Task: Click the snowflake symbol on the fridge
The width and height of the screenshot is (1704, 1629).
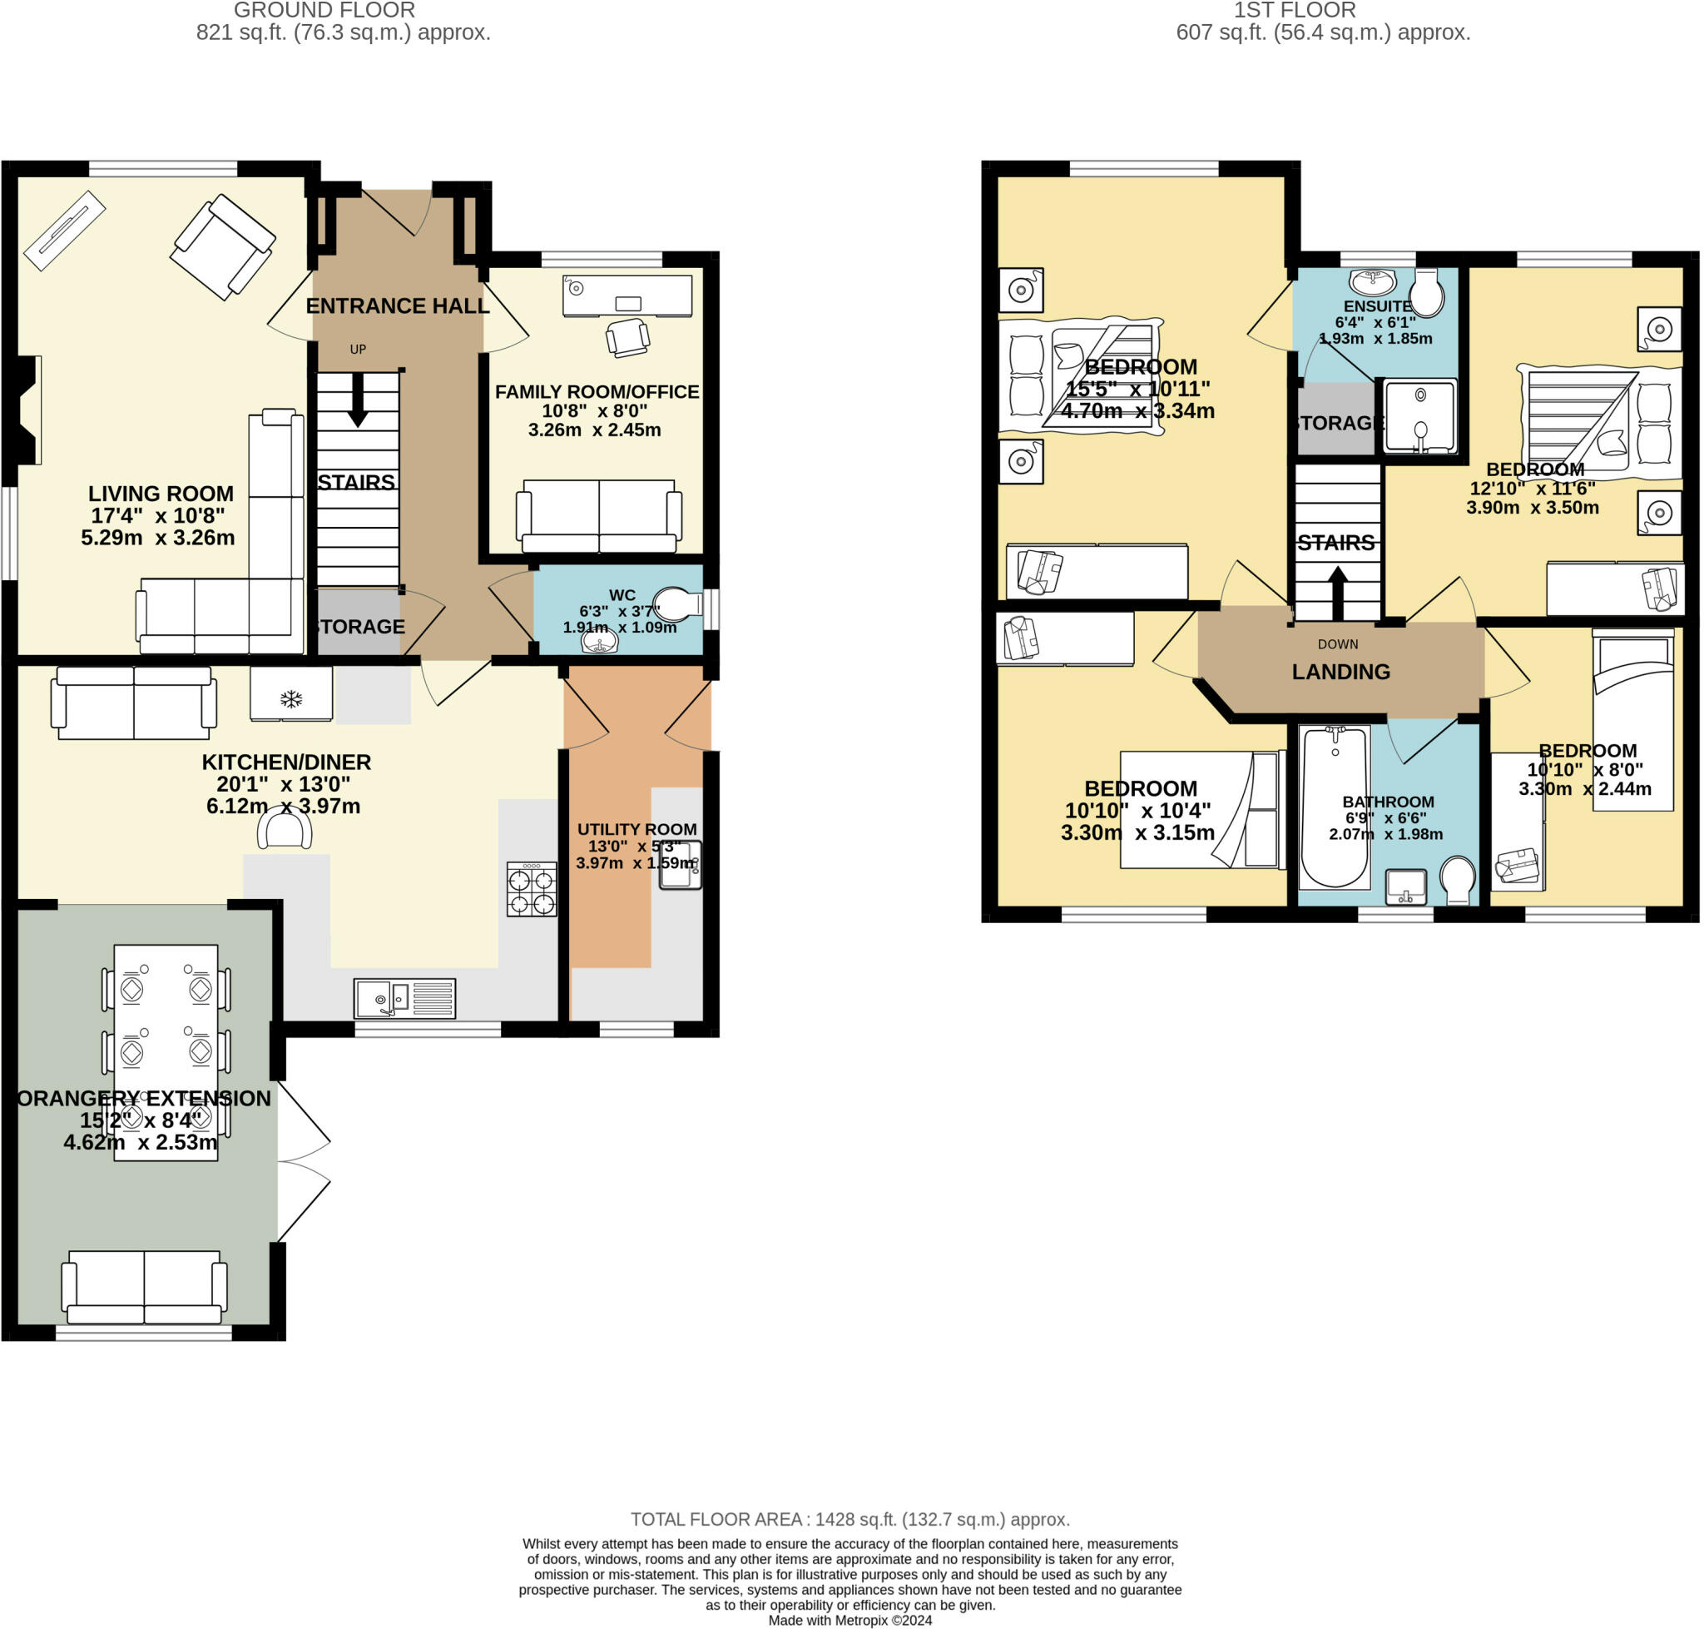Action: coord(291,698)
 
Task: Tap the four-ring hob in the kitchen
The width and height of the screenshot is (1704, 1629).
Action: coord(532,889)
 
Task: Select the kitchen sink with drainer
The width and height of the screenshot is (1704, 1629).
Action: coord(404,999)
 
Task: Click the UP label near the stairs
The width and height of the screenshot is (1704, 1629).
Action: coord(358,349)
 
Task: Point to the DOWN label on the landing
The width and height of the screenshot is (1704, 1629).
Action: coord(1337,644)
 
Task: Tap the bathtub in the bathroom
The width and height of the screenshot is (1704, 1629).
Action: coord(1335,807)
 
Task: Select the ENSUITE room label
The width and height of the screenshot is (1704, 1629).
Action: coord(1377,305)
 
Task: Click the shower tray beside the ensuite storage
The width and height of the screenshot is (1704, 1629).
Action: coord(1419,416)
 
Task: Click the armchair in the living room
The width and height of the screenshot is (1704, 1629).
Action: coord(223,246)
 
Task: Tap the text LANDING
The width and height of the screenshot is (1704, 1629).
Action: coord(1340,671)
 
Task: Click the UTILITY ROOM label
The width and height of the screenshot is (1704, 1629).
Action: coord(637,829)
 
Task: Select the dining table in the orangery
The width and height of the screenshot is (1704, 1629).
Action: coord(166,1051)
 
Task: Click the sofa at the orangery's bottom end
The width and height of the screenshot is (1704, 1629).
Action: coord(144,1286)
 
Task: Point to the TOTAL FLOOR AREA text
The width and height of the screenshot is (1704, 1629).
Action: coord(849,1520)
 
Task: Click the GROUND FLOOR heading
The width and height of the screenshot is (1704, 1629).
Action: coord(324,11)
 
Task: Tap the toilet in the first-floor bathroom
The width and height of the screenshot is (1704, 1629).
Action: coord(1457,880)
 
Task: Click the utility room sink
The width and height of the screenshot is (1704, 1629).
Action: coord(680,864)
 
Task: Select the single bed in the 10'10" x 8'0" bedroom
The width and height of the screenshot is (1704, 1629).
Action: coord(1632,721)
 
